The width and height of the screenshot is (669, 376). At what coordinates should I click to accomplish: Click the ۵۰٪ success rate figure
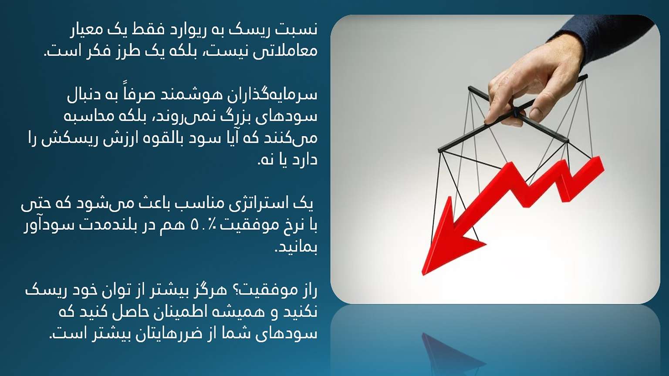205,226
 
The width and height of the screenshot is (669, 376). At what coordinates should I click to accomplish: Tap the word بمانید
296,248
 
